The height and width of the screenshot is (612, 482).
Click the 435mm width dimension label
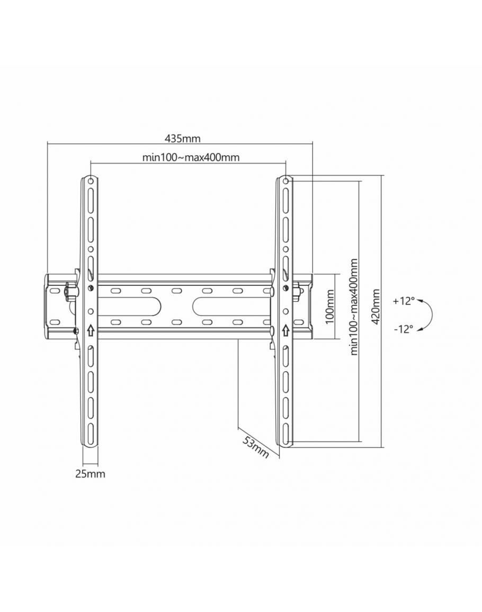coord(182,139)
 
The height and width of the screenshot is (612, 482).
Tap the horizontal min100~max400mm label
coord(191,157)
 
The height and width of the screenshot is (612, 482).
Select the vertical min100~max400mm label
coord(354,307)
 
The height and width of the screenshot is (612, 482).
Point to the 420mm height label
coord(376,307)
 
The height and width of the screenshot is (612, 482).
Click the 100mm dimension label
coord(330,307)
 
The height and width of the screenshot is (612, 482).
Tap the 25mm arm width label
coord(90,474)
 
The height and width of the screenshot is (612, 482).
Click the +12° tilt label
coord(404,301)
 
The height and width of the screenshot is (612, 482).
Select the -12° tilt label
coord(404,329)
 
